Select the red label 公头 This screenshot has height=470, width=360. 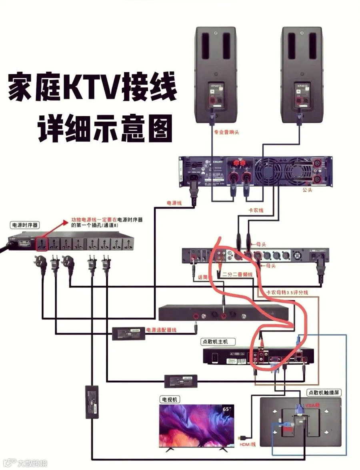[x=307, y=190]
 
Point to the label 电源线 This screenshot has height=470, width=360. [x=174, y=203]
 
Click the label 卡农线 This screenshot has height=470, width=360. [x=256, y=210]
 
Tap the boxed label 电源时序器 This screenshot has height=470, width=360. [x=25, y=225]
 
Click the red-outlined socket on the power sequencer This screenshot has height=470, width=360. [x=41, y=244]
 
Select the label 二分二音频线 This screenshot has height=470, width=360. [x=238, y=275]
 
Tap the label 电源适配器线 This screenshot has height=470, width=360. [x=161, y=330]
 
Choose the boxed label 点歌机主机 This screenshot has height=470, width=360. [x=218, y=341]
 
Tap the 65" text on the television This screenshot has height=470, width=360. [x=226, y=409]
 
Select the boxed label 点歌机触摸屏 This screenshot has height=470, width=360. [x=324, y=393]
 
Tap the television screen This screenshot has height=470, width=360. [x=196, y=424]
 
